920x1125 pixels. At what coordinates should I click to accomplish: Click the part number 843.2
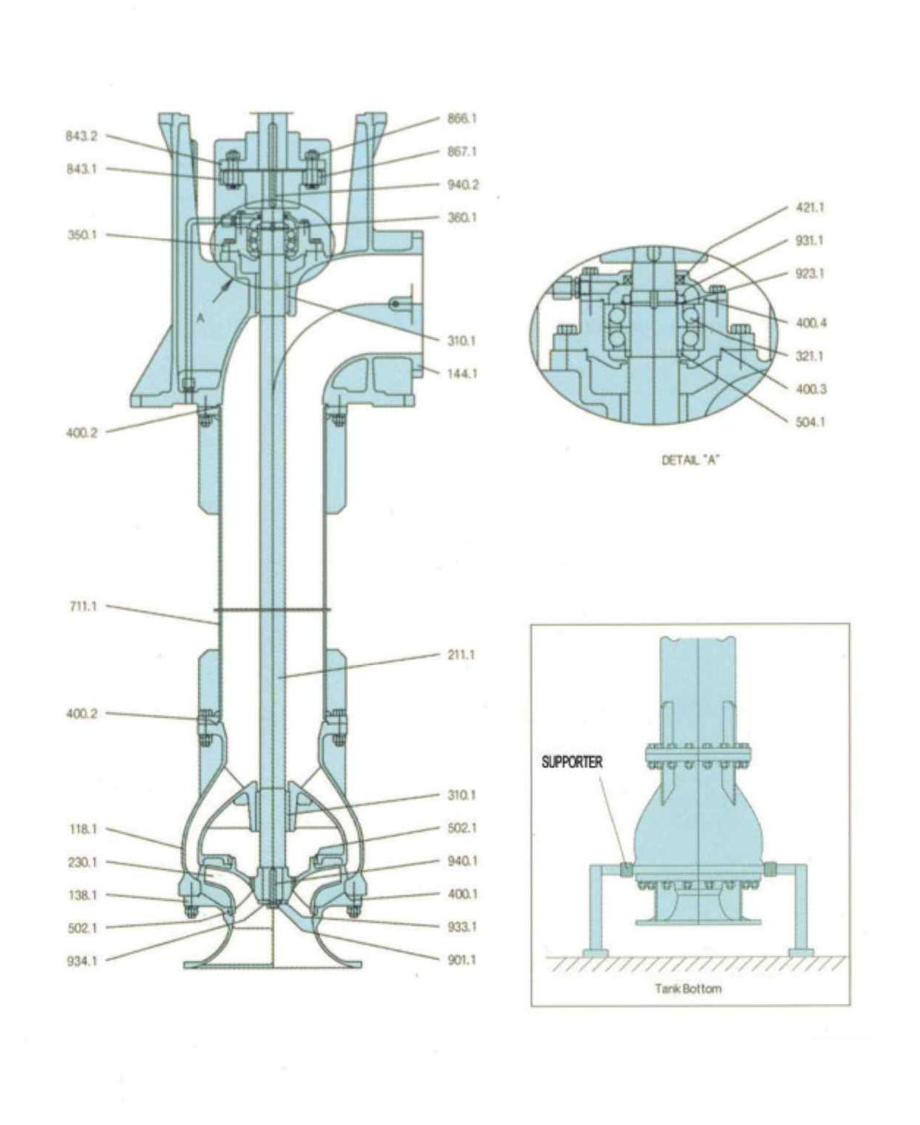(81, 136)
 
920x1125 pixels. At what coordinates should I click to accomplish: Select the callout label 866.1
(462, 119)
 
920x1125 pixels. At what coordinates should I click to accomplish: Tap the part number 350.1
(82, 234)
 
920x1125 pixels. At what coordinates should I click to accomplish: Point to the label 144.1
(462, 374)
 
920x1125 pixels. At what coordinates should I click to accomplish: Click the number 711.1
(83, 606)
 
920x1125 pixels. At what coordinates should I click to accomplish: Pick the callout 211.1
(461, 655)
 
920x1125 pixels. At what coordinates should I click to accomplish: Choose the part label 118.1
(83, 830)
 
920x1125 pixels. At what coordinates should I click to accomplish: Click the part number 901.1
(461, 960)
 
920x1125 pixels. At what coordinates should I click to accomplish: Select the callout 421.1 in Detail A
(810, 208)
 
